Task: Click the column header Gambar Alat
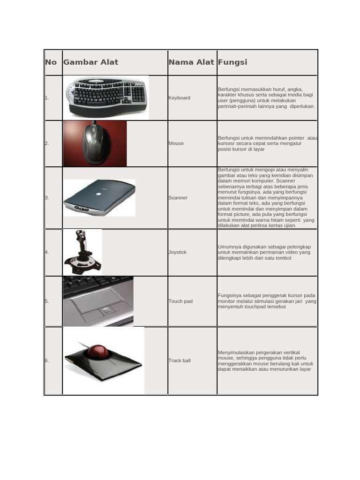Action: click(90, 62)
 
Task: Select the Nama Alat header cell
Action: click(191, 62)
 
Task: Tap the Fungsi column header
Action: click(232, 62)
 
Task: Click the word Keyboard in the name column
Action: click(179, 98)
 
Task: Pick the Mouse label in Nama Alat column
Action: click(176, 143)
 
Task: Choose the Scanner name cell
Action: click(178, 198)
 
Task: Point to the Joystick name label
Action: click(178, 252)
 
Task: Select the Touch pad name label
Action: click(180, 301)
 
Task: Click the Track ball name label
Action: click(180, 360)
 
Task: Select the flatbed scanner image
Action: click(99, 197)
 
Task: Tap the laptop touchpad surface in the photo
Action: click(96, 300)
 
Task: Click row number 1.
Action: click(47, 98)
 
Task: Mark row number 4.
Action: click(47, 252)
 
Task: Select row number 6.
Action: click(47, 360)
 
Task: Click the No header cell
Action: click(51, 62)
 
